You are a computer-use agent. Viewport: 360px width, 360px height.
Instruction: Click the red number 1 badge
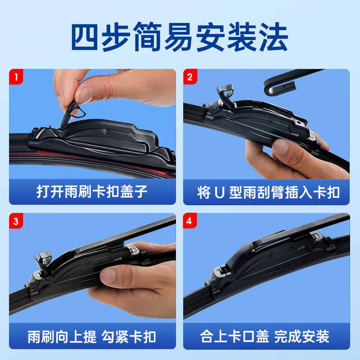point(16,76)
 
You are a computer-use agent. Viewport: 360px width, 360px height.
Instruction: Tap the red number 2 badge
point(190,76)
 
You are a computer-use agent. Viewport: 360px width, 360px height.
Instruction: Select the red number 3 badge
point(16,220)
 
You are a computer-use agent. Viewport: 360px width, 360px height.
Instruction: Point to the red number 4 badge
point(190,220)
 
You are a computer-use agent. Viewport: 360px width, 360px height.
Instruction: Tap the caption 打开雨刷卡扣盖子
point(92,192)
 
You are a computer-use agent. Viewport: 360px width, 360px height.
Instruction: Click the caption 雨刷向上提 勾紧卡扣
point(92,336)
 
